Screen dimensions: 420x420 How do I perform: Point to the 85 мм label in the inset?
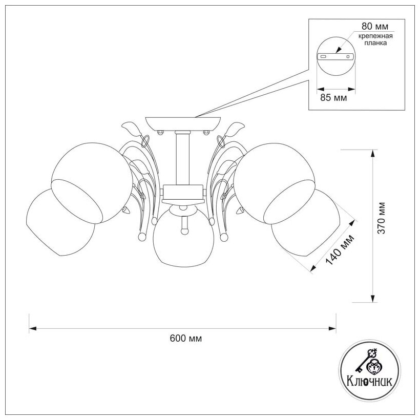click(333, 97)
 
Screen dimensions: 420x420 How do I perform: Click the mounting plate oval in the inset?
click(335, 56)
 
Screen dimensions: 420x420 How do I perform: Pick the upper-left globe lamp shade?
click(92, 179)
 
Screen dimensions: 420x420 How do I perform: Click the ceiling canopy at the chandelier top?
click(183, 123)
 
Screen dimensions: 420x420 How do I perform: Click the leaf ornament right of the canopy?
click(237, 127)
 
